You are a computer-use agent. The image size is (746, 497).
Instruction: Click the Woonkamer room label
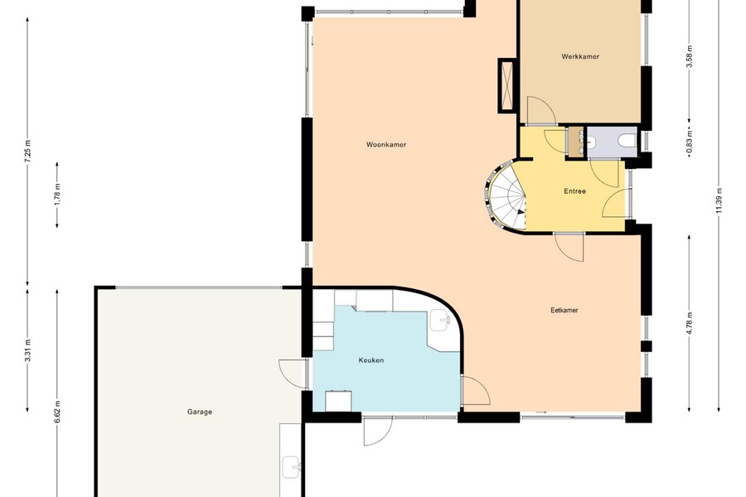tap(385, 145)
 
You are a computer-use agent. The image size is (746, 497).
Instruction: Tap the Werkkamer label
tap(580, 56)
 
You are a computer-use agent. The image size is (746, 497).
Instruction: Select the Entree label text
tap(574, 191)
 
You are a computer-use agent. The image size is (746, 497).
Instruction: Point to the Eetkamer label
tap(564, 311)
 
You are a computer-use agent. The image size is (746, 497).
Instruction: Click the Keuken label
tap(371, 360)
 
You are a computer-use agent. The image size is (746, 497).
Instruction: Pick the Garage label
tap(199, 413)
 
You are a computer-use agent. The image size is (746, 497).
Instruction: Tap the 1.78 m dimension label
tap(57, 195)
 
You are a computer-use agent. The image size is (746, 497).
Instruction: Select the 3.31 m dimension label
tap(27, 350)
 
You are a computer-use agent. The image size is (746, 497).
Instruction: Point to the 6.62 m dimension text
tap(57, 412)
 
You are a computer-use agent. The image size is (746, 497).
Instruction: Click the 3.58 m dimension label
tap(690, 56)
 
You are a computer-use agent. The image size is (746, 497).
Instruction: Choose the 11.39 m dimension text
tap(719, 200)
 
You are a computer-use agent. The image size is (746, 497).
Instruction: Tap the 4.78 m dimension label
tap(690, 322)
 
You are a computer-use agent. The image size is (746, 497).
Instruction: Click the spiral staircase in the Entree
tap(506, 196)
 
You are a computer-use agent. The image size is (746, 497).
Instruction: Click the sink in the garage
tap(291, 467)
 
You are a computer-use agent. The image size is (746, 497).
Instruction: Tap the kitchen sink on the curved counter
tap(441, 320)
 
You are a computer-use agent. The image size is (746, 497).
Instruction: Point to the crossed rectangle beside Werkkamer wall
tap(507, 85)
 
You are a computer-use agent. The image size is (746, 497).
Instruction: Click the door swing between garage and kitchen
tap(291, 374)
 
